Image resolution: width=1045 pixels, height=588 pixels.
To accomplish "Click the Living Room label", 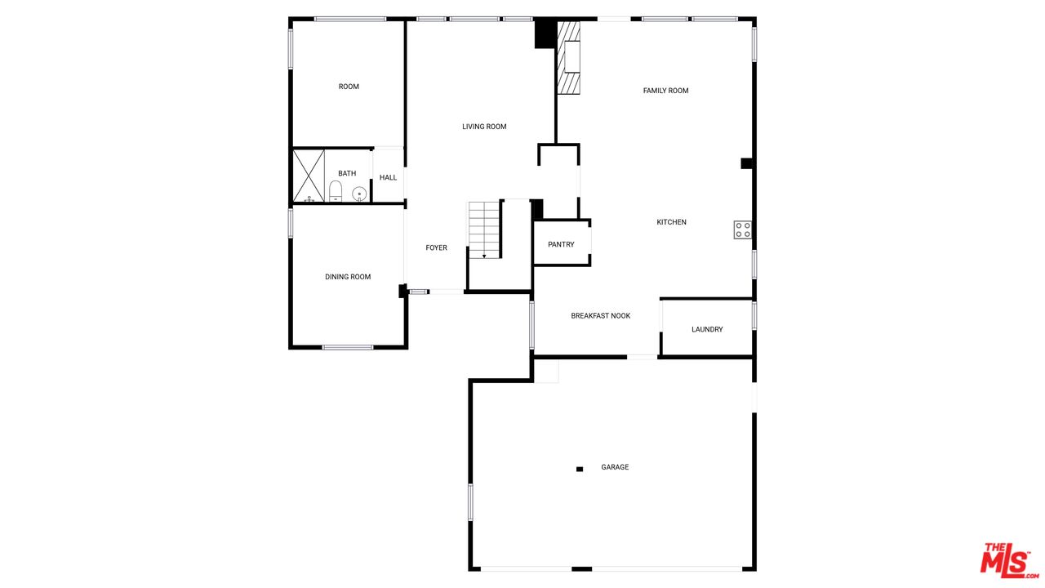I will click(484, 127).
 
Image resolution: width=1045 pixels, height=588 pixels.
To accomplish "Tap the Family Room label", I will click(665, 91).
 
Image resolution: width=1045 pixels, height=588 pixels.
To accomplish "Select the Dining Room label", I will click(348, 277).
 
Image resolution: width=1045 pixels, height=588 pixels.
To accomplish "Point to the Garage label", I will click(615, 467).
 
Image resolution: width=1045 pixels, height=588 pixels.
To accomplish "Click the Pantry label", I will click(561, 244).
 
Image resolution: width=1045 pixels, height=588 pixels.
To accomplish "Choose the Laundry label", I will click(707, 329).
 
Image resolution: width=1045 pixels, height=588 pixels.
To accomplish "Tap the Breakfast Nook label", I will click(600, 316).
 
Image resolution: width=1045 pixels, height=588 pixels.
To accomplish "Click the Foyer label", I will click(436, 247).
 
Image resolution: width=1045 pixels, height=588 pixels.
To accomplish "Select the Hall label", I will click(388, 177).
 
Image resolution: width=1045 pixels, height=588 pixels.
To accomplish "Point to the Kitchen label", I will click(671, 222).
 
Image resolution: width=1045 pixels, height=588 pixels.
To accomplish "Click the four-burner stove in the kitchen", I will click(742, 229).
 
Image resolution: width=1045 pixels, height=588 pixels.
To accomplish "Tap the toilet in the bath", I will click(335, 192).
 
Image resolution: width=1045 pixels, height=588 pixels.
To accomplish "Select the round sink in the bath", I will click(358, 194).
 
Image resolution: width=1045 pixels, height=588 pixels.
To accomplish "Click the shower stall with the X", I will click(309, 176).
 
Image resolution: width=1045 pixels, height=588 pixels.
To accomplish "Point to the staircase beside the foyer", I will click(483, 229).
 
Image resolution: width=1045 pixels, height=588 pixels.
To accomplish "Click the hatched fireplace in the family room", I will click(568, 58).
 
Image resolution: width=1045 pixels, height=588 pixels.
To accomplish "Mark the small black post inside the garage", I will click(580, 469).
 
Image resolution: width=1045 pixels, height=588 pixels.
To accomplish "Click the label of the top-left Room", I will click(349, 87).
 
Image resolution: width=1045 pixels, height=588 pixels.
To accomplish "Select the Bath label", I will click(347, 173).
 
